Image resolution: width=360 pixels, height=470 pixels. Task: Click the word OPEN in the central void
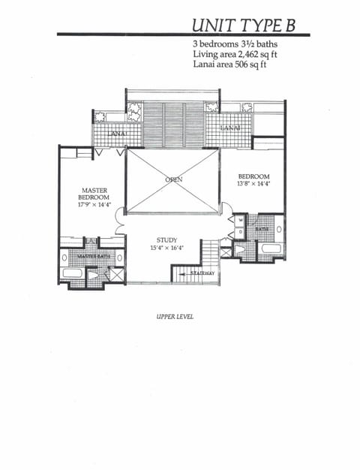click(x=173, y=180)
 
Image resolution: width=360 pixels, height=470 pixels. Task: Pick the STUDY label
click(x=166, y=240)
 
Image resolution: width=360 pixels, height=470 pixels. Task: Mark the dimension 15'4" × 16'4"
click(x=166, y=249)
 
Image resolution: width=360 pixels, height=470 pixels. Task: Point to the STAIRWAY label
click(x=201, y=273)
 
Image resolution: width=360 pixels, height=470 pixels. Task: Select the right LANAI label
click(x=229, y=129)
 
